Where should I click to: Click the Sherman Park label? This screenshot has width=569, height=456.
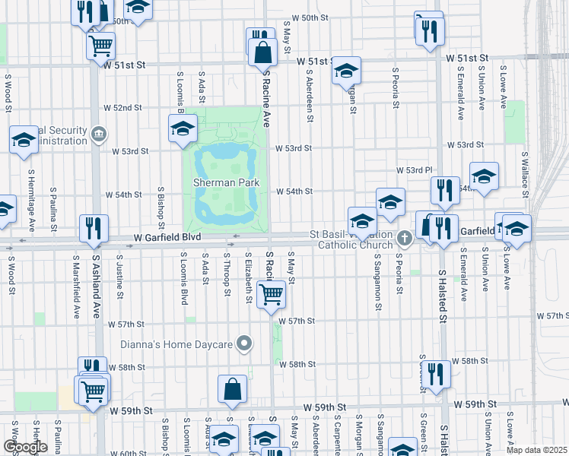coord(226,182)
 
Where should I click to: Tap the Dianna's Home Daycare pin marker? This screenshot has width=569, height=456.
coord(244,344)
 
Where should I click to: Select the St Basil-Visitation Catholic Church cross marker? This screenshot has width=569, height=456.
coord(404,239)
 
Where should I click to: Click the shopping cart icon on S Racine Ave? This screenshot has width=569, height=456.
coord(271,294)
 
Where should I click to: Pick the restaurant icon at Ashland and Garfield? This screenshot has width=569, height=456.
coord(94,227)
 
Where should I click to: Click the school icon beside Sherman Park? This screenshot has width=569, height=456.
coord(183,129)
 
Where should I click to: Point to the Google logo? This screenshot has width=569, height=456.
coord(25,447)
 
